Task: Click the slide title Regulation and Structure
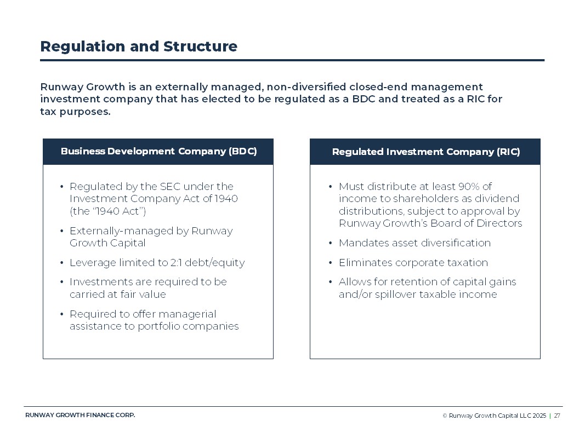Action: coord(139,47)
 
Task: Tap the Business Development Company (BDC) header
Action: coord(158,152)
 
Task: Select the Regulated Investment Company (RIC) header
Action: coord(425,152)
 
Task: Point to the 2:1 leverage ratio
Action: coord(191,263)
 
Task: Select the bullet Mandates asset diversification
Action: coord(414,243)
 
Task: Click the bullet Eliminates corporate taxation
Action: coord(413,263)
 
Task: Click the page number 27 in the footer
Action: coord(557,416)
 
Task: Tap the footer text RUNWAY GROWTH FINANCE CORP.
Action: coord(80,415)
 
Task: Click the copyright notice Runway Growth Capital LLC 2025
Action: coord(497,416)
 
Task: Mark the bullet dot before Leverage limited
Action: coord(61,263)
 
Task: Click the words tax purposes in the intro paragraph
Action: coord(75,112)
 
